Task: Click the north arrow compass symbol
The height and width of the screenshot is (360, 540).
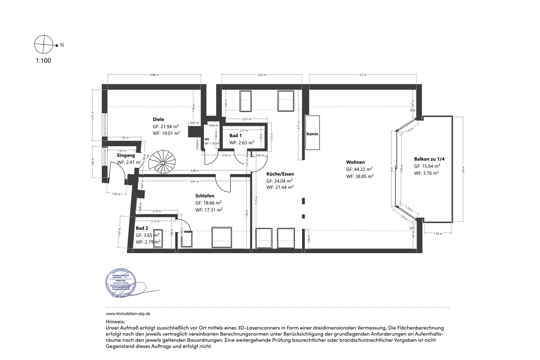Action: coord(44,45)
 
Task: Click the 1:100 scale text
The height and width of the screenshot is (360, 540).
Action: coord(43,61)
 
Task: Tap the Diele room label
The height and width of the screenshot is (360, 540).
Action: coord(158,119)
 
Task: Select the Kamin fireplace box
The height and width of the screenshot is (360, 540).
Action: coord(312,133)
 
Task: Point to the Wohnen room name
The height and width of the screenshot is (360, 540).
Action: coord(355,162)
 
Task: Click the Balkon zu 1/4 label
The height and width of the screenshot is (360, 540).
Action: coord(429,159)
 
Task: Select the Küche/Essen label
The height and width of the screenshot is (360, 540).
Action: coord(280,174)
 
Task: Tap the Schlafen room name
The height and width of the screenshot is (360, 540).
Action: coord(205,196)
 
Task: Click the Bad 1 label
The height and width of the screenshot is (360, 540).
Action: coord(235,136)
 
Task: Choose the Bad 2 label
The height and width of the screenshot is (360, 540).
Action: coord(142,228)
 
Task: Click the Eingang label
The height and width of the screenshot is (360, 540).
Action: coord(126,155)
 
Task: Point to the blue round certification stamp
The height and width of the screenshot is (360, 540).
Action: coord(121,282)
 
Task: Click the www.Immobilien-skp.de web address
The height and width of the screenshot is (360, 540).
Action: coord(128,314)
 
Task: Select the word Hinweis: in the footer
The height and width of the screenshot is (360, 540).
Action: coord(115,322)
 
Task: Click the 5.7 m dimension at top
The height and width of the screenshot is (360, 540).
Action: coord(362,75)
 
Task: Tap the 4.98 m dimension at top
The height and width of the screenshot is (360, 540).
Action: coord(154,75)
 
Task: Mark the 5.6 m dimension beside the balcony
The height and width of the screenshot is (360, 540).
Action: coord(463,169)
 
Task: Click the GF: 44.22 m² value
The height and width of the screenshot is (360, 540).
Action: coord(359,169)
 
